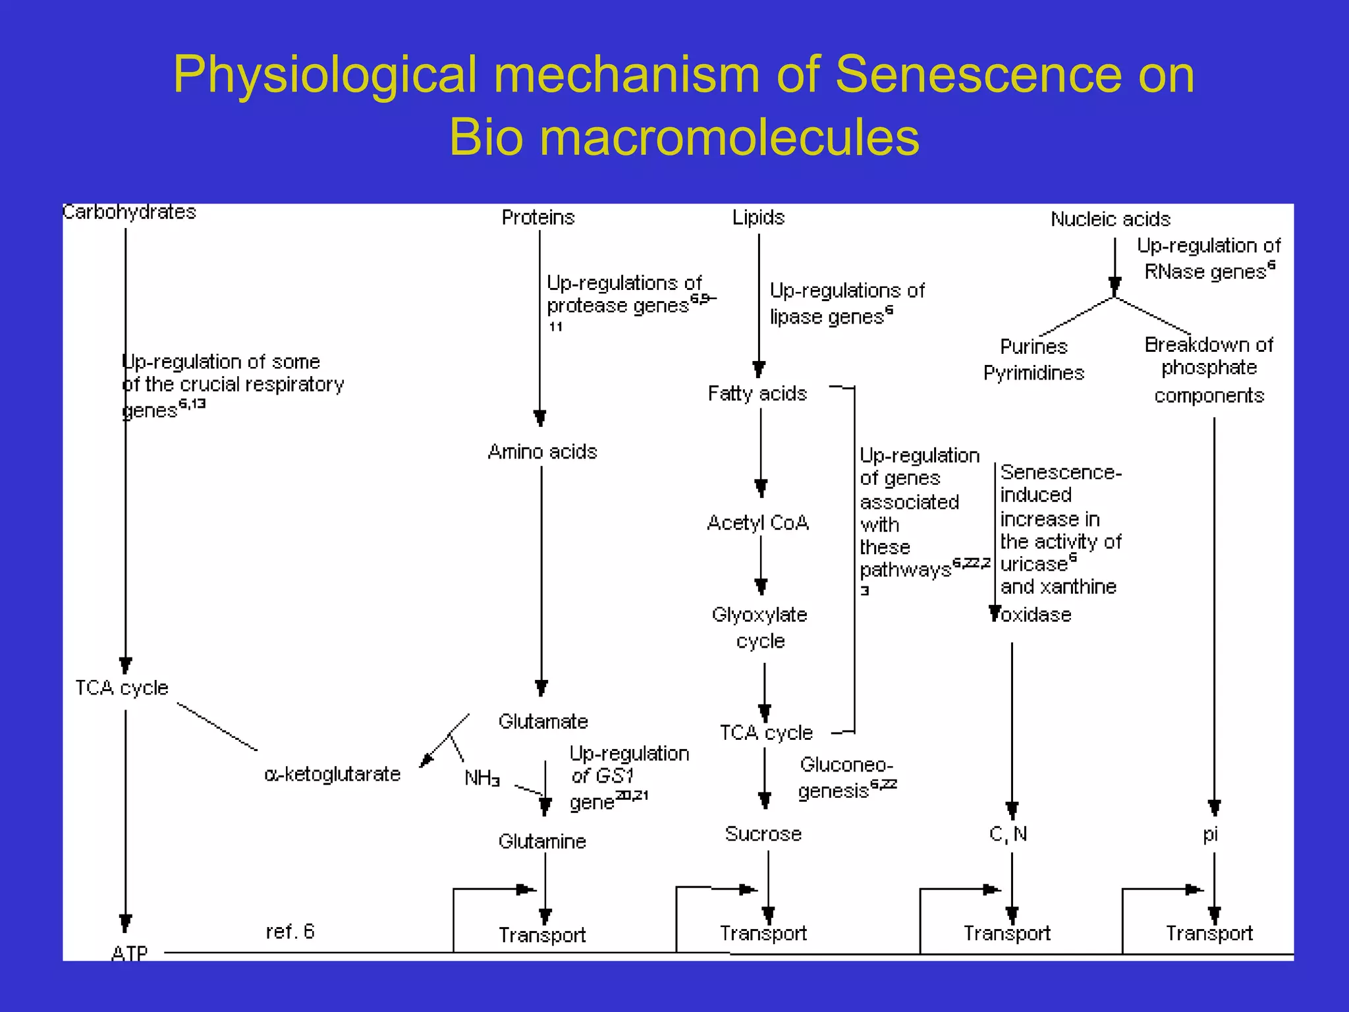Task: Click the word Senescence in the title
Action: (978, 74)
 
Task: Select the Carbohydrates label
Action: (130, 212)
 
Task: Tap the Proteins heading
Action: (538, 217)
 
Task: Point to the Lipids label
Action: (758, 217)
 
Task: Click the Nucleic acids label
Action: (1110, 219)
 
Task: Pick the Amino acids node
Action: (542, 452)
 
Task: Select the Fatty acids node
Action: (757, 394)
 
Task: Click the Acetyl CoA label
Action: (757, 523)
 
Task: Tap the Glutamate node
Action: (543, 721)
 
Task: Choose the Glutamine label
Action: (542, 841)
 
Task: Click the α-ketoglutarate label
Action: (332, 774)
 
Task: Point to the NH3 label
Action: (482, 778)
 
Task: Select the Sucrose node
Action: (763, 834)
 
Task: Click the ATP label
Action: (130, 953)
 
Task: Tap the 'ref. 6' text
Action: (290, 932)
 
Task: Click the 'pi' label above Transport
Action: (1210, 835)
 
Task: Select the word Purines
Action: (1033, 347)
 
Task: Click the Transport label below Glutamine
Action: (541, 935)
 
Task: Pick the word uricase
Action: (1033, 565)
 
